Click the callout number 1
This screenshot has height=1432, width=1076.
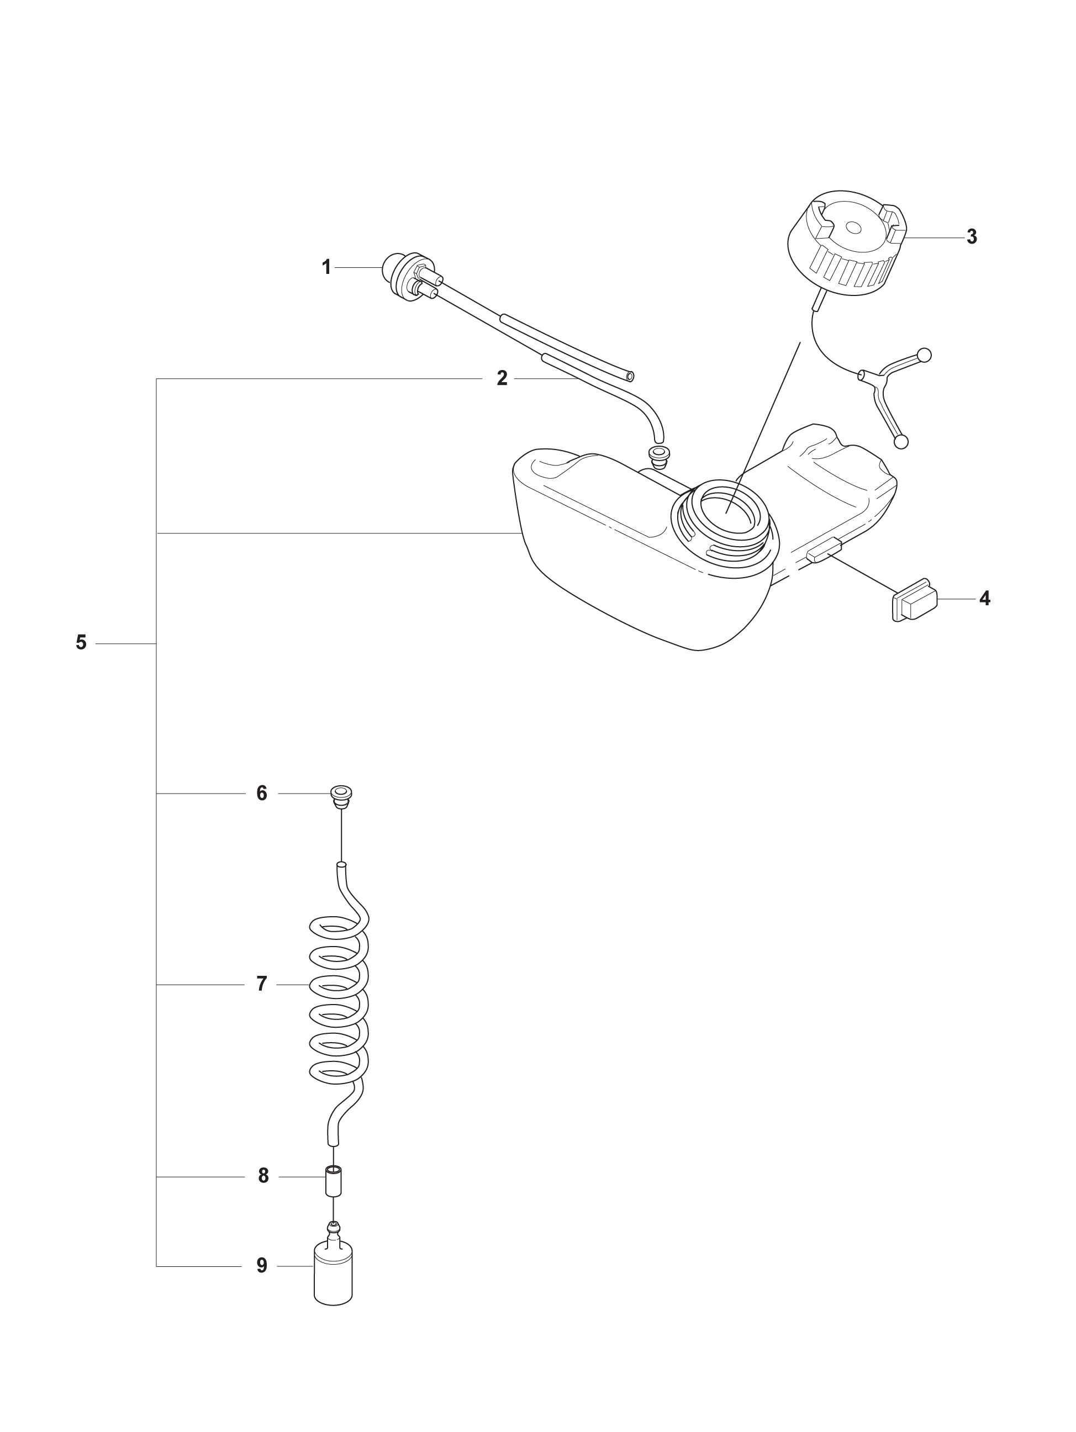(x=327, y=267)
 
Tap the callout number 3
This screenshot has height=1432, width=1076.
(x=971, y=237)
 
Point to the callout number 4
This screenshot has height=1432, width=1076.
(x=984, y=598)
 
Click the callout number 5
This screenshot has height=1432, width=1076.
(x=81, y=643)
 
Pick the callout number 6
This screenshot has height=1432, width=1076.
(x=262, y=793)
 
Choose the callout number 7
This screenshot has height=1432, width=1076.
(x=262, y=984)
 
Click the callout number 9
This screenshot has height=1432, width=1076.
(x=262, y=1266)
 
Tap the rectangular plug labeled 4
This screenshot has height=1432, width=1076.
(x=914, y=599)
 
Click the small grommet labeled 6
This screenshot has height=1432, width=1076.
(x=341, y=796)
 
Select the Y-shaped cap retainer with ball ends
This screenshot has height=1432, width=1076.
(x=895, y=395)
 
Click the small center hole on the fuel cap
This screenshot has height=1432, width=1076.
(x=854, y=228)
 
